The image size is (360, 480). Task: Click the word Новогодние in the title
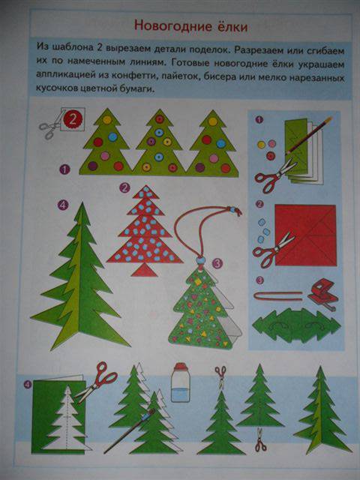(x=169, y=26)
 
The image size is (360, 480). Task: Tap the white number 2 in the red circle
(x=73, y=119)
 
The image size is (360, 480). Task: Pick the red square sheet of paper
(x=305, y=235)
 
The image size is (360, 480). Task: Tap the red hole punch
(x=323, y=293)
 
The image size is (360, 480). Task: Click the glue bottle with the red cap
(x=180, y=382)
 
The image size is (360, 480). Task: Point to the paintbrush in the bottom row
(x=130, y=430)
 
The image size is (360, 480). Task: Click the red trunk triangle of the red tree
(x=144, y=270)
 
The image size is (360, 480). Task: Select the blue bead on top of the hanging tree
(x=200, y=260)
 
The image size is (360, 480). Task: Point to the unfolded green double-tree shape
(x=296, y=325)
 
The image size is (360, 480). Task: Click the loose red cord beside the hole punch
(x=278, y=296)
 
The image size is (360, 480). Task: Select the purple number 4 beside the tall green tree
(x=62, y=205)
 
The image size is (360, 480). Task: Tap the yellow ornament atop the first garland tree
(x=107, y=120)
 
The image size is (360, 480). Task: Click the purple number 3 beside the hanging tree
(x=217, y=263)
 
